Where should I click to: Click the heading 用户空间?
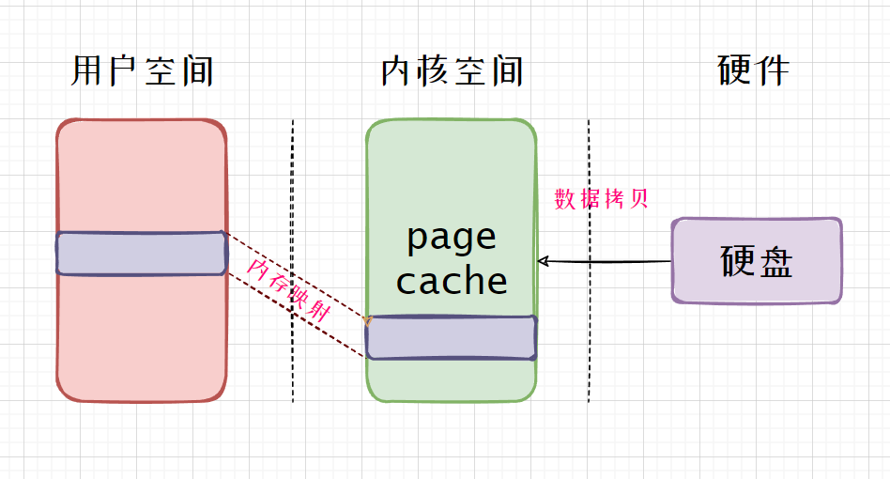pyautogui.click(x=143, y=71)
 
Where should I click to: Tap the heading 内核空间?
pyautogui.click(x=453, y=71)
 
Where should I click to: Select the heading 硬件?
pyautogui.click(x=754, y=70)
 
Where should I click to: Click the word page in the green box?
pyautogui.click(x=452, y=237)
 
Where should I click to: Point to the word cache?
pyautogui.click(x=452, y=281)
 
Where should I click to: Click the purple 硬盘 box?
pyautogui.click(x=757, y=261)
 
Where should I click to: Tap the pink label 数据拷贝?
pyautogui.click(x=602, y=199)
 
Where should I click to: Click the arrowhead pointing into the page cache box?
pyautogui.click(x=542, y=260)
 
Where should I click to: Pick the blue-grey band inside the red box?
pyautogui.click(x=141, y=253)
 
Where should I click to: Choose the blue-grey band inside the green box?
pyautogui.click(x=452, y=338)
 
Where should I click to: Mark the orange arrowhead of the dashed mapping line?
pyautogui.click(x=367, y=322)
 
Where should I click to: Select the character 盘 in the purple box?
pyautogui.click(x=775, y=262)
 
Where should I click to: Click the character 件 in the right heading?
pyautogui.click(x=772, y=70)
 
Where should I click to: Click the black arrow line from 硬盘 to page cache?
pyautogui.click(x=610, y=261)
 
